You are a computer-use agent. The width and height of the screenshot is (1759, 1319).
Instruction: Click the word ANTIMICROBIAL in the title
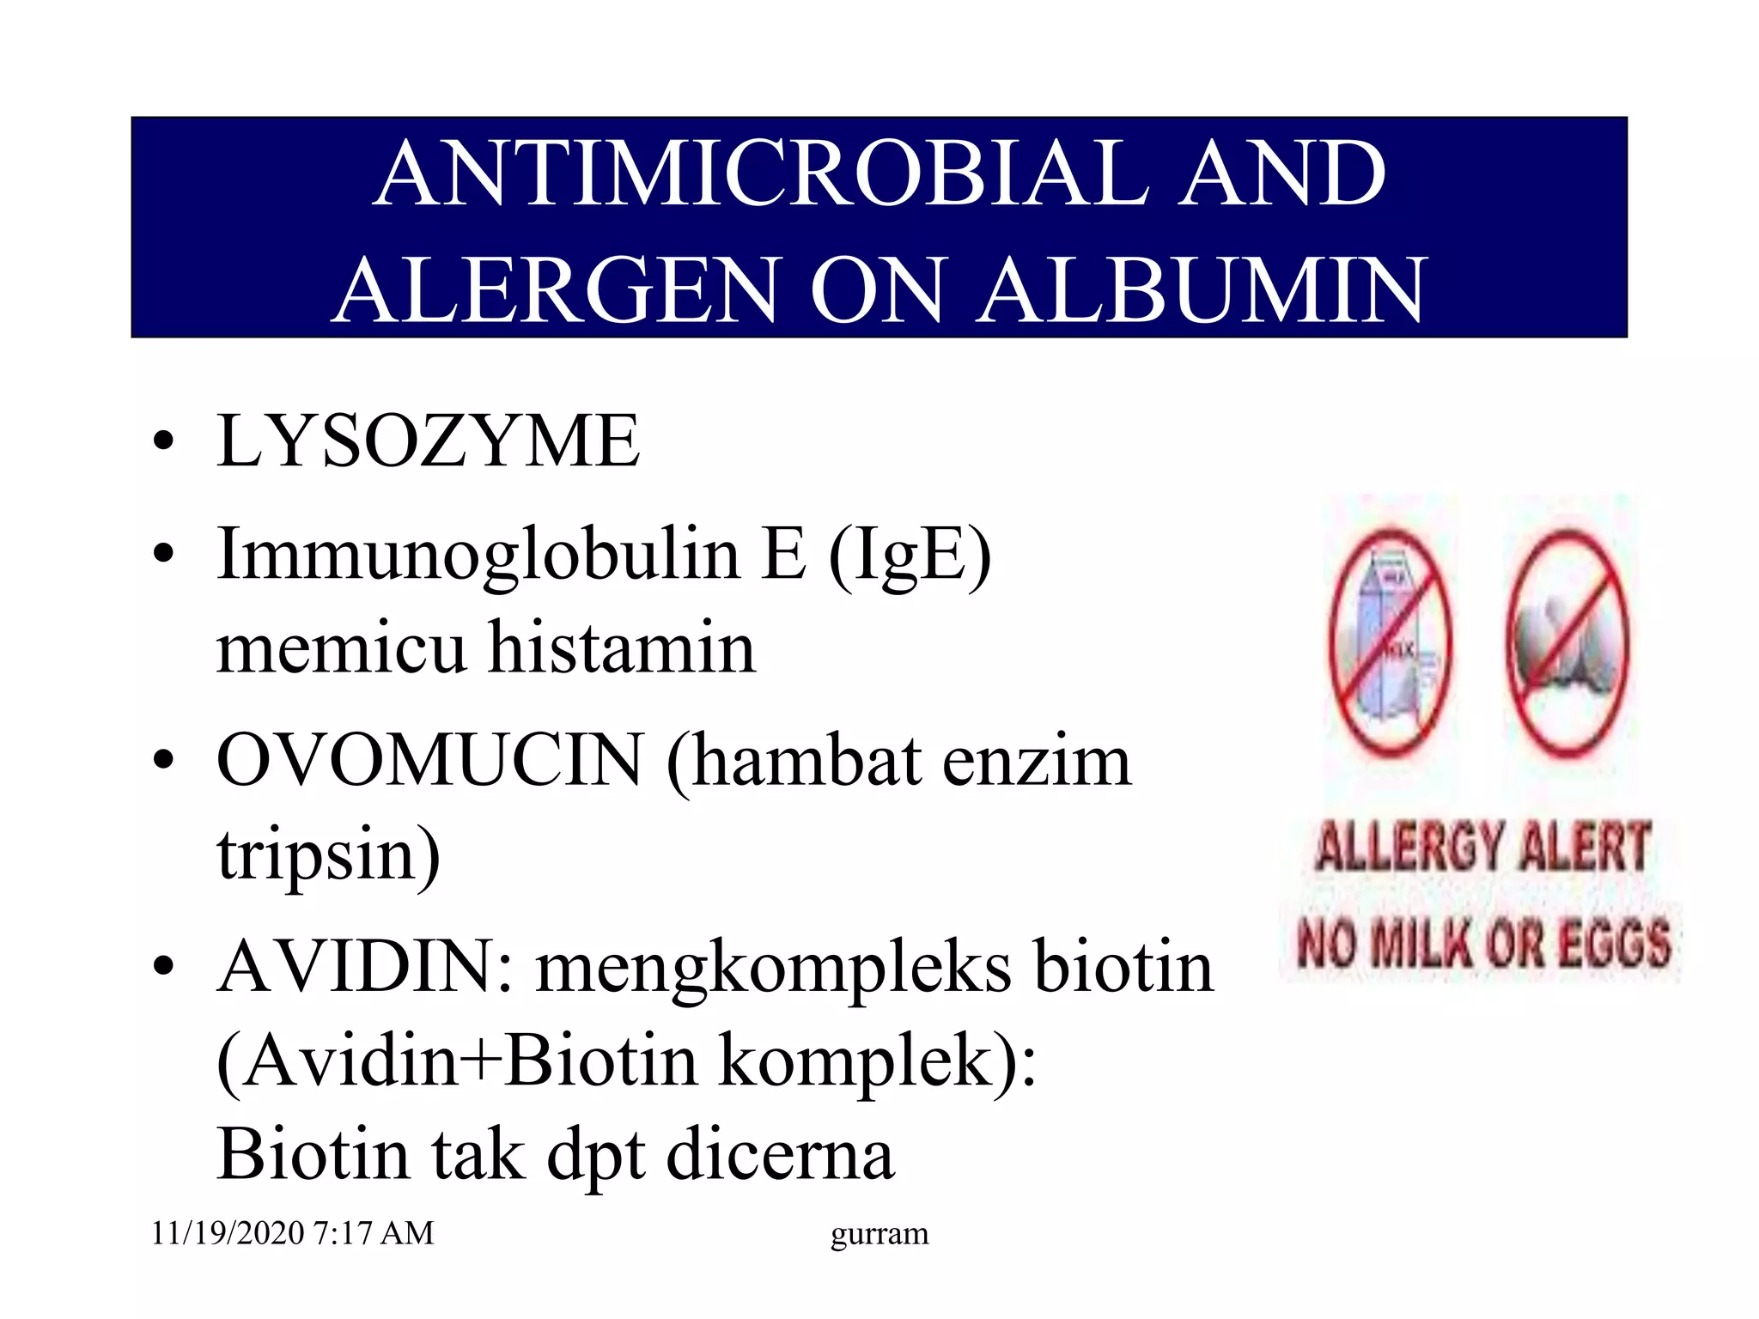coord(761,174)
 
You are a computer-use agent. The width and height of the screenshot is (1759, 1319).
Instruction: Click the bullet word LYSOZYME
coord(428,441)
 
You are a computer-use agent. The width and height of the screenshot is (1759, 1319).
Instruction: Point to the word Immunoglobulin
coord(478,555)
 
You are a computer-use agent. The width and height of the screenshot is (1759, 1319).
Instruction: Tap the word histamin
coord(622,647)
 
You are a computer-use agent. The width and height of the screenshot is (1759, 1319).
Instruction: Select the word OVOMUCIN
coord(429,761)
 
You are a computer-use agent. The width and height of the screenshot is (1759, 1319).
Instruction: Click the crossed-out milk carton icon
coord(1390,642)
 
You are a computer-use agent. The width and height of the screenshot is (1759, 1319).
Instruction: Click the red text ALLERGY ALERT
coord(1482,847)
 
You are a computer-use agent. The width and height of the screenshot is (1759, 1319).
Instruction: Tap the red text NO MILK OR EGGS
coord(1483,943)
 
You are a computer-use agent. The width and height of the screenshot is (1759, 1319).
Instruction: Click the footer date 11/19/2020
coord(228,1233)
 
